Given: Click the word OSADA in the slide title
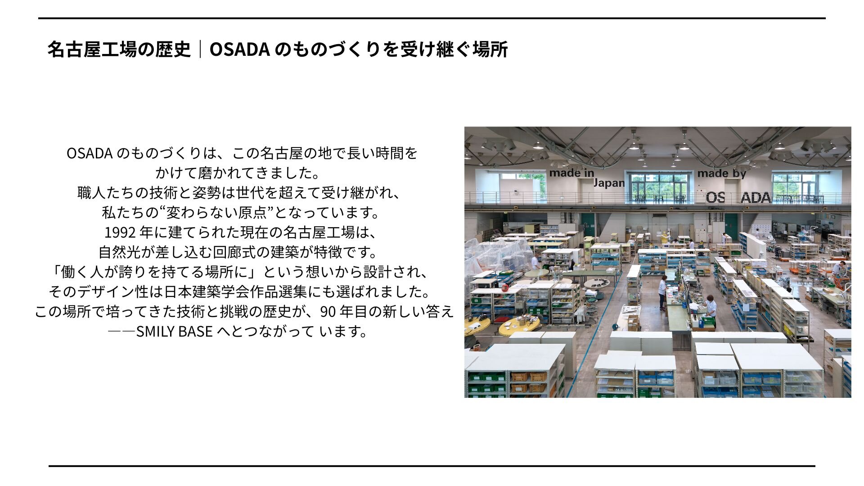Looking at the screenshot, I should tap(239, 49).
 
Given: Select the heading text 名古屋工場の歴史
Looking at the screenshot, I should tap(119, 49).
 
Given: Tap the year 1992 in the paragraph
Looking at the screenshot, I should tap(120, 232).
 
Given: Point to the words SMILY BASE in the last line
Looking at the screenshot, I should tap(174, 331).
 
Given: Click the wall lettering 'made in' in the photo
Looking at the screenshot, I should tap(571, 173).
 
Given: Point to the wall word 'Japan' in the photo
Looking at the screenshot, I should tap(609, 183).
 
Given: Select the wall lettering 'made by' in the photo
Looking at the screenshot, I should tap(721, 173).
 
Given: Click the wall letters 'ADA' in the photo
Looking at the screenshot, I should tap(756, 198).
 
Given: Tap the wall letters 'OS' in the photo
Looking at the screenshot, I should tap(715, 198).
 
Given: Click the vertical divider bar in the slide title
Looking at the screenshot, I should tap(200, 49).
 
